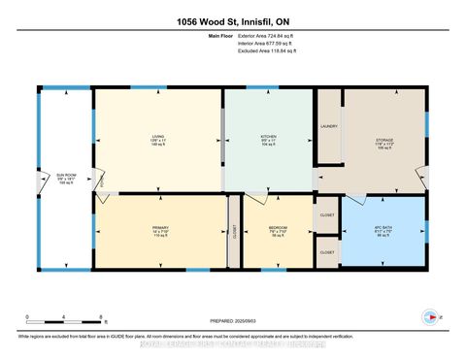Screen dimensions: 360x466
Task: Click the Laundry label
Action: [x=328, y=127]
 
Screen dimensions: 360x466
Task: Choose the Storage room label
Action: [x=384, y=142]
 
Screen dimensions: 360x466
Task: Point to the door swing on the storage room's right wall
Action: [x=421, y=175]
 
